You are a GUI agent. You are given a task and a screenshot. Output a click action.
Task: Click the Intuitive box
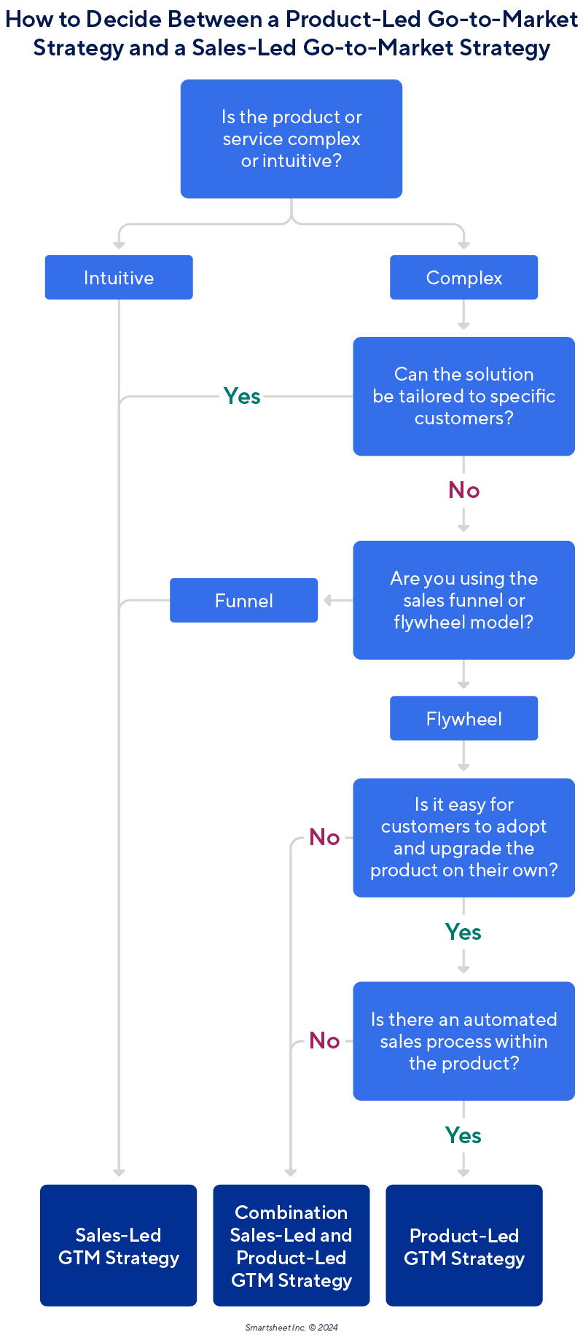point(119,278)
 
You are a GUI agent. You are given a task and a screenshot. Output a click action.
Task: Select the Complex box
point(464,278)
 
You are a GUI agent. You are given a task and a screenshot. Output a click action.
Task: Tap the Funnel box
point(244,601)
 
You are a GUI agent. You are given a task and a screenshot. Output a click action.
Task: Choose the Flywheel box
point(464,719)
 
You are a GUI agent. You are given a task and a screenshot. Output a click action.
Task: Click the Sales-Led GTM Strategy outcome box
point(119,1245)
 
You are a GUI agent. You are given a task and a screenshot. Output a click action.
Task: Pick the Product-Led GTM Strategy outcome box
point(464,1245)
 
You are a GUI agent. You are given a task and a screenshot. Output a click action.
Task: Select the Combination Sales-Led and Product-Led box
point(291,1245)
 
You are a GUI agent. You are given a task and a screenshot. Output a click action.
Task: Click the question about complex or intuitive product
point(291,139)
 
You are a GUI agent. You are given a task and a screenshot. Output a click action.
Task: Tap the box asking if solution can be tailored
point(464,397)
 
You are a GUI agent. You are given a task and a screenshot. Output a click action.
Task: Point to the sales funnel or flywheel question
point(464,600)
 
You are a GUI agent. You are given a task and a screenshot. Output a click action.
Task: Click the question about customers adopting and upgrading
point(464,838)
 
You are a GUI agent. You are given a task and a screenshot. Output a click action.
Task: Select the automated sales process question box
point(464,1041)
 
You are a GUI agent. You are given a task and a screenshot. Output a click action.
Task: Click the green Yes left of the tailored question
point(242,397)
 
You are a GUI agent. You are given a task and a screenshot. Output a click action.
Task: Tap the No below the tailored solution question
point(464,490)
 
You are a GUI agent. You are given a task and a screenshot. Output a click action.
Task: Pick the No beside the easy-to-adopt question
point(324,837)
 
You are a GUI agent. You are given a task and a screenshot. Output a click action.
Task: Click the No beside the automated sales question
point(324,1040)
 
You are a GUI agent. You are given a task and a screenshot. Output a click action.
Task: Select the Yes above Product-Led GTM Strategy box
point(463,1135)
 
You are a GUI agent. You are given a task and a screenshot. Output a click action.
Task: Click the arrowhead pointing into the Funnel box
point(327,600)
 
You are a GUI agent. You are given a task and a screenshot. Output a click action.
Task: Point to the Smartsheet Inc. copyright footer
point(291,1327)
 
